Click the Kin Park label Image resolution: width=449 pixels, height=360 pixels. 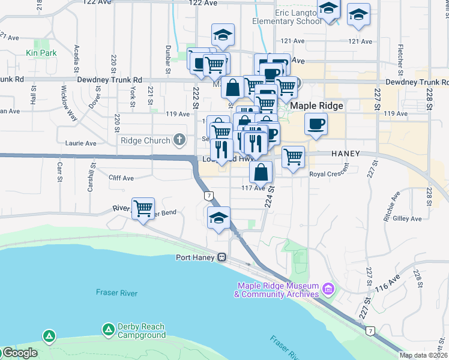coord(41,53)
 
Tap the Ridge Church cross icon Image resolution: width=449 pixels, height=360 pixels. coord(179,141)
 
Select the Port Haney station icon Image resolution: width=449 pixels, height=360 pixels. coord(221,257)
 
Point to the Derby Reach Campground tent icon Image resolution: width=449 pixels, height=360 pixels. coord(108,329)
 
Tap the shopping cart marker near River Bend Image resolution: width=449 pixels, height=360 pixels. coord(143,209)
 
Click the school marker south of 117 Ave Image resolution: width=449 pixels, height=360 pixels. coord(219,218)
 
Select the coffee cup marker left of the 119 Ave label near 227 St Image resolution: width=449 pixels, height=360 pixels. coord(315,124)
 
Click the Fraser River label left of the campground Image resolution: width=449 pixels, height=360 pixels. coord(116,293)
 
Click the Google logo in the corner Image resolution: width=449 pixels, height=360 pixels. coord(19,353)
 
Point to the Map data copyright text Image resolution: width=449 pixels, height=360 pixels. coord(423,355)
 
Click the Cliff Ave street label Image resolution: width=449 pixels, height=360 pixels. coord(121,178)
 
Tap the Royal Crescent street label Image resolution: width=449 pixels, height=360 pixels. coord(329,174)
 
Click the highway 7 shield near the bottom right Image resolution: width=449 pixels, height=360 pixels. coord(371,331)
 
